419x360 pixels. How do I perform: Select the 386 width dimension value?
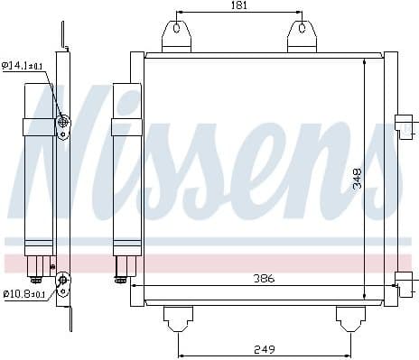click(263, 279)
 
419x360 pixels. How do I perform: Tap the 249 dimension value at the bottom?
click(263, 348)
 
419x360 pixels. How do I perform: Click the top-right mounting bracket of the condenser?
click(301, 36)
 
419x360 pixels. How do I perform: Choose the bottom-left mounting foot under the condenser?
click(177, 317)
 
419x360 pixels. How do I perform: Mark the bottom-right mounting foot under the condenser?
click(351, 317)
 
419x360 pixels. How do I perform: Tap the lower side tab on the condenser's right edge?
click(404, 284)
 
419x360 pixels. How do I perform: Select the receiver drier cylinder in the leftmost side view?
click(38, 167)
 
